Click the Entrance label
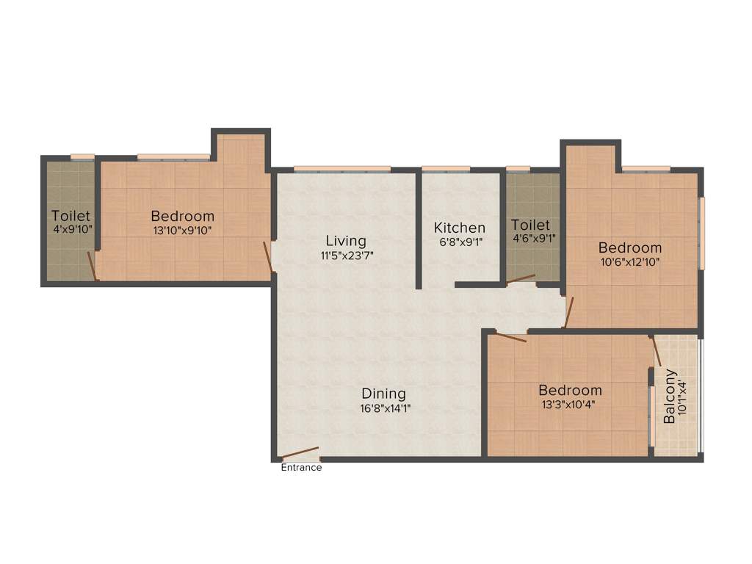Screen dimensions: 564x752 301,467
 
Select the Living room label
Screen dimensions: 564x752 346,241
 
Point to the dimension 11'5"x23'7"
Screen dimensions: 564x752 347,256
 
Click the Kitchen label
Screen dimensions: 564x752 459,228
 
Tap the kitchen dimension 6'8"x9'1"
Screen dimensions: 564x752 459,242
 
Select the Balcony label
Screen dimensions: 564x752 670,397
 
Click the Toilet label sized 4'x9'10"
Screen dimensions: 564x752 70,216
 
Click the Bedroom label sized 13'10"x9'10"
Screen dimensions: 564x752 183,216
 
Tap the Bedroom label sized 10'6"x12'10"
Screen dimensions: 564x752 629,247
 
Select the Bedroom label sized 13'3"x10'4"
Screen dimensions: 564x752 570,390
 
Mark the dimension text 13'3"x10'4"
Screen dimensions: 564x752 570,404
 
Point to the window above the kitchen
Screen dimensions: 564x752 446,169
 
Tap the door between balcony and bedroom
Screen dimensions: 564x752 657,352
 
